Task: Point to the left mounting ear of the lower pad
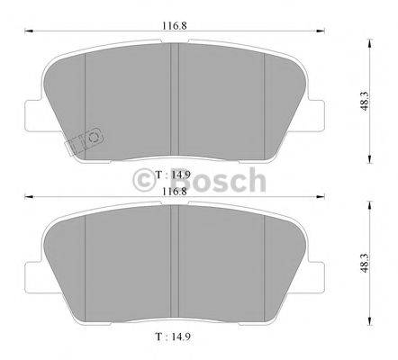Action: pos(34,272)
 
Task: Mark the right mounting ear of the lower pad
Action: pos(321,272)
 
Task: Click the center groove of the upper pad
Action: pos(176,99)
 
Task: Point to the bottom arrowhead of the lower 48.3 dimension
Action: pos(369,326)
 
